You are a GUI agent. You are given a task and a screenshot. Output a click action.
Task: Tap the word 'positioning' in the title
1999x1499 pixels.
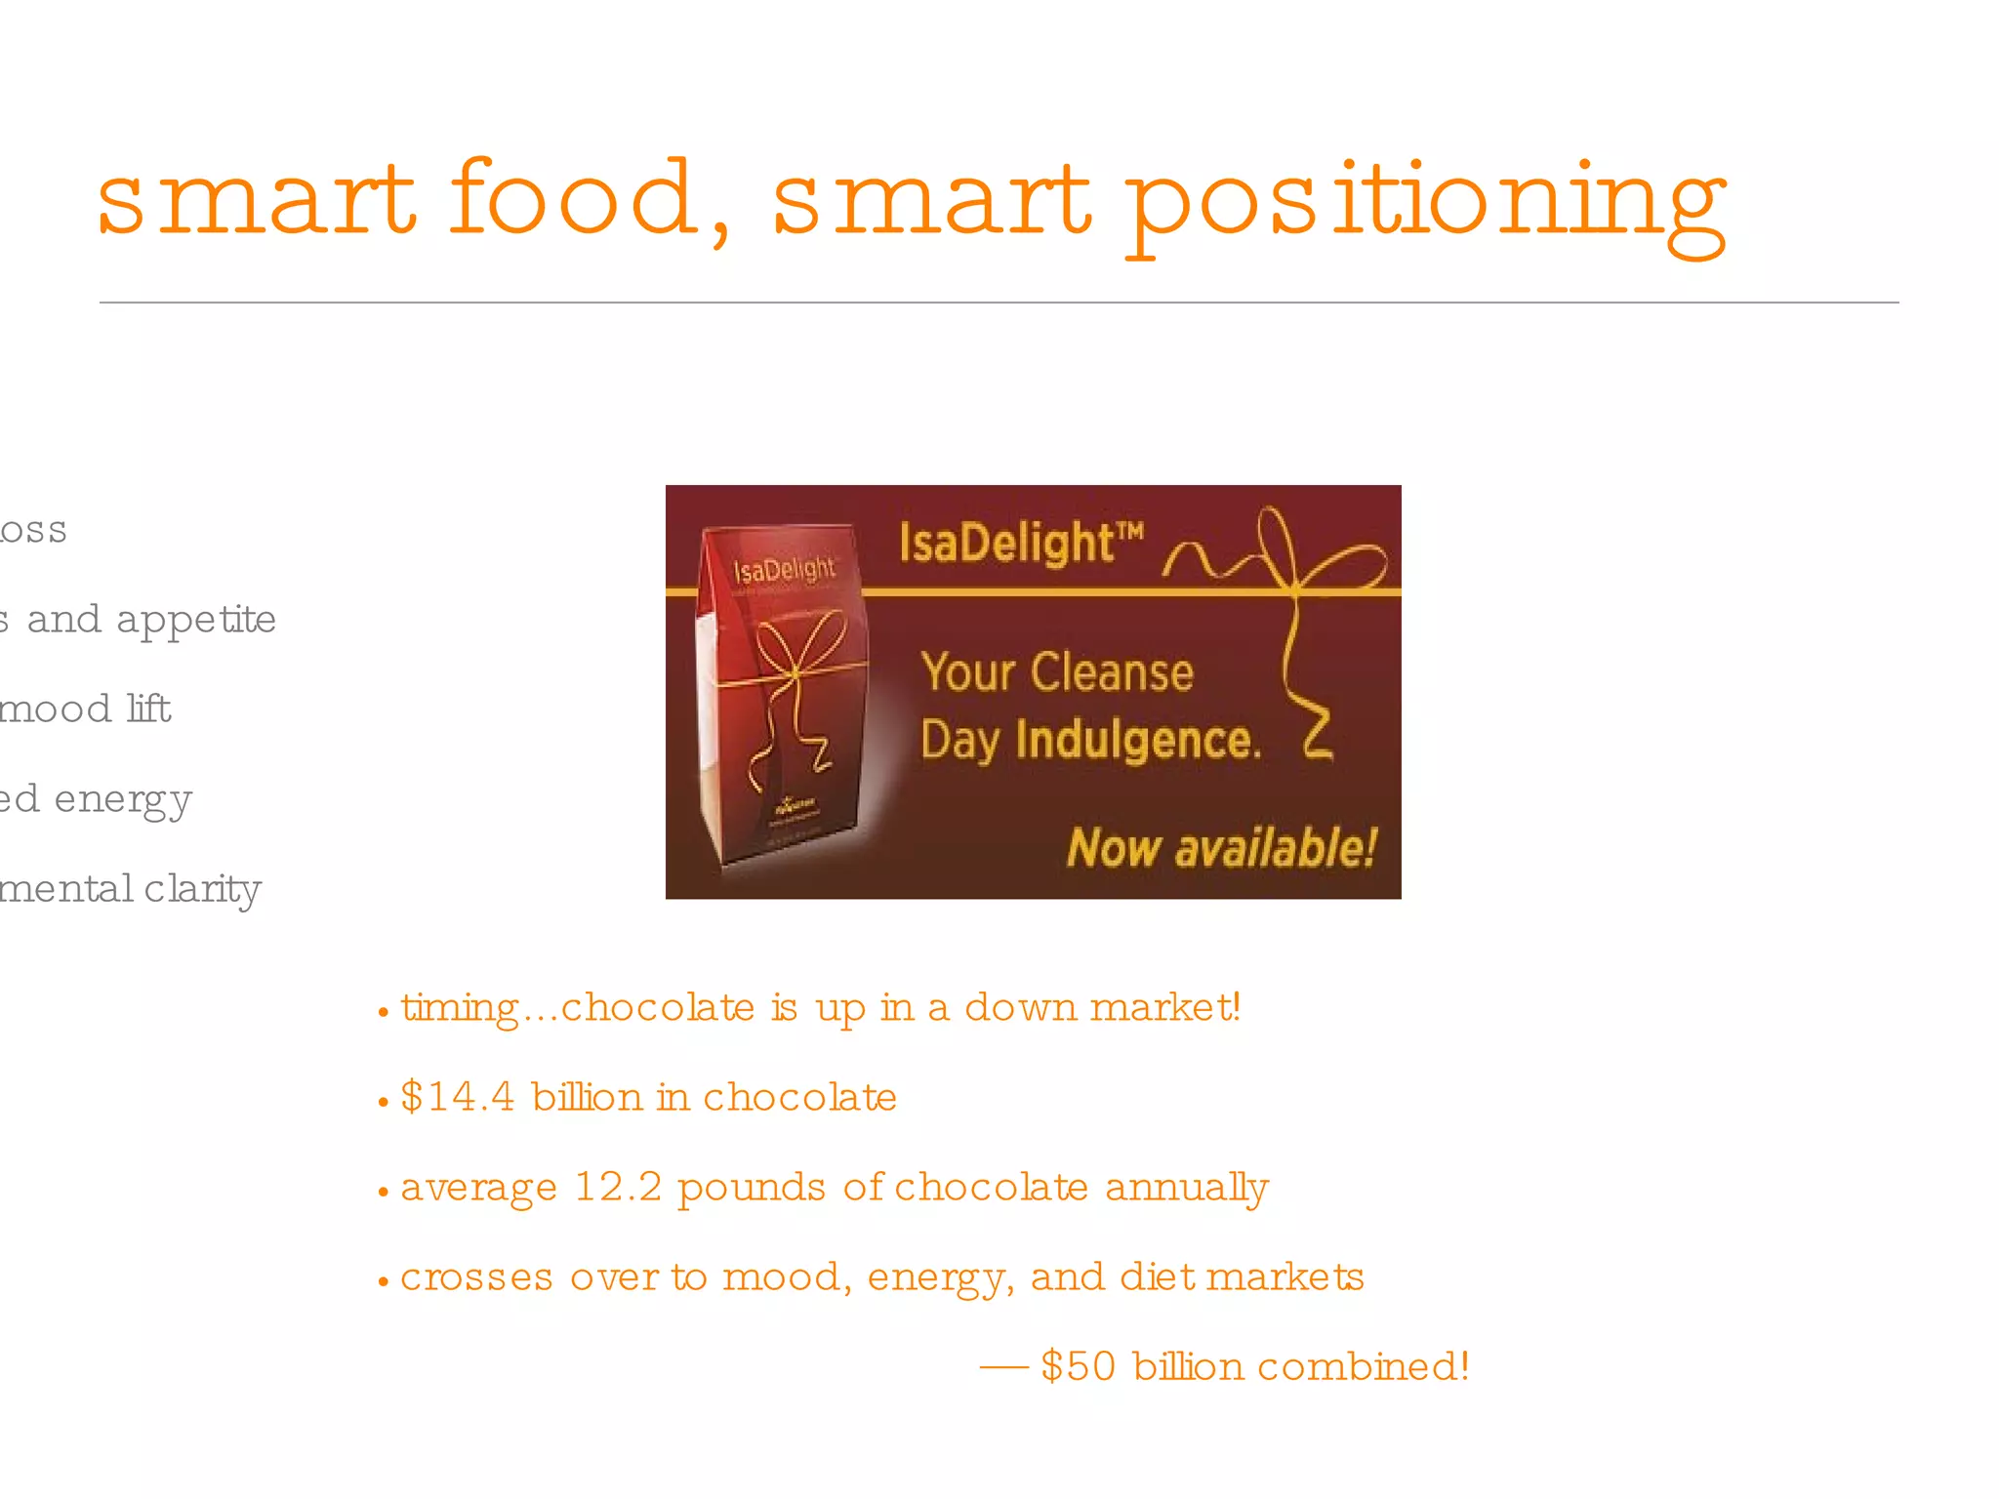(x=1426, y=205)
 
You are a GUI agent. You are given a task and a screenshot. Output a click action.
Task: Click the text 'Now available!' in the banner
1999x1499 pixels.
(x=1221, y=847)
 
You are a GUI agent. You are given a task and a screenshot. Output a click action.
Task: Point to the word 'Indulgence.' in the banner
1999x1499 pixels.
(x=1138, y=741)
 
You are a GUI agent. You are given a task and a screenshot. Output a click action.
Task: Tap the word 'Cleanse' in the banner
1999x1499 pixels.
(x=1112, y=672)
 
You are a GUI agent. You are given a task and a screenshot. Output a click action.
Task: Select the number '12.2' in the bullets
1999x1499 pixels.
(x=618, y=1187)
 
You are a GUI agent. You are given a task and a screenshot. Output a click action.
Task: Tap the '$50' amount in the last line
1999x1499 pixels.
(x=1078, y=1366)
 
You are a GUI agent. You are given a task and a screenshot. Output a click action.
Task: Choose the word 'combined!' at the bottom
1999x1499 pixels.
(x=1364, y=1366)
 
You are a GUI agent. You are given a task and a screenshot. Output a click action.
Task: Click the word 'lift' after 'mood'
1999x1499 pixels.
(x=148, y=709)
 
